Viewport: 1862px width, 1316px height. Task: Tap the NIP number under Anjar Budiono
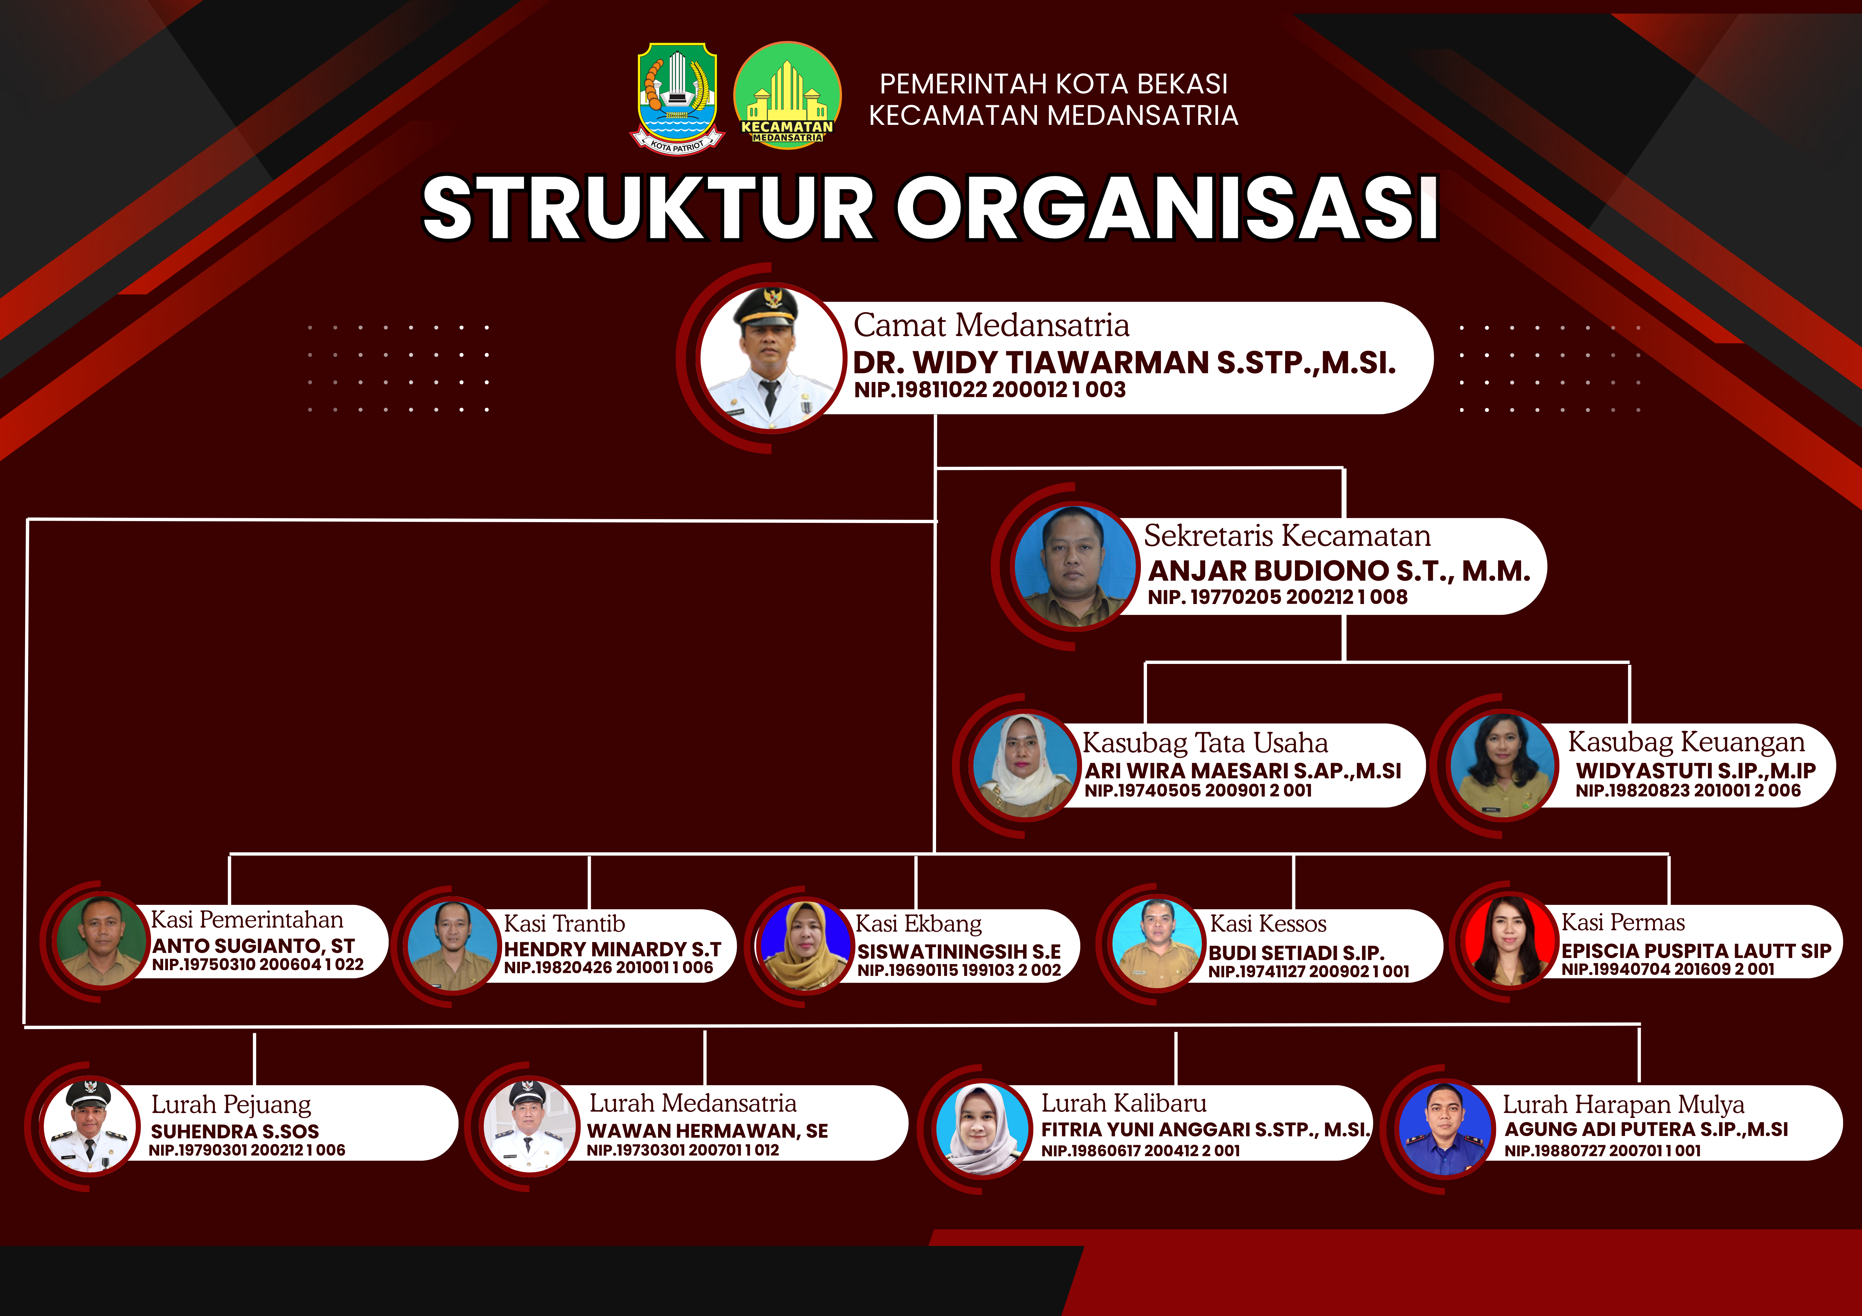(1277, 597)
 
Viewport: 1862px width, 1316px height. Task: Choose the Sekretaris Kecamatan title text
(1287, 536)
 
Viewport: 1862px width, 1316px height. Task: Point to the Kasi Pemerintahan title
(247, 919)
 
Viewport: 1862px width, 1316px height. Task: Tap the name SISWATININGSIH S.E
(958, 951)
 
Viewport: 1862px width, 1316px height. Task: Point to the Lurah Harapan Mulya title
(1624, 1105)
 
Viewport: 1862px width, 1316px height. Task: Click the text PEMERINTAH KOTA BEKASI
(1054, 84)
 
